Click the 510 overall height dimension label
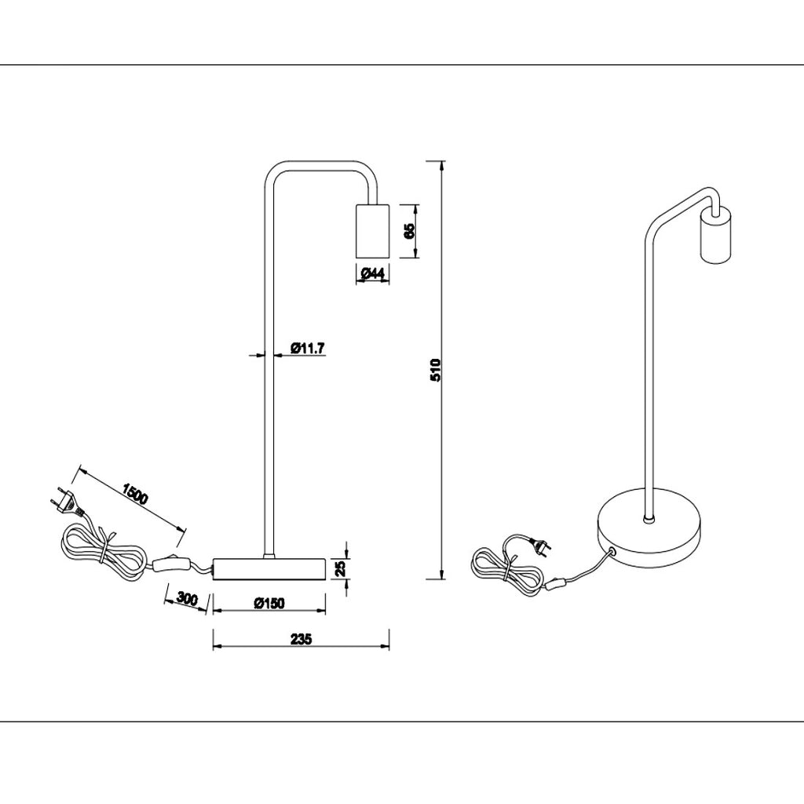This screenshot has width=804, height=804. click(x=435, y=370)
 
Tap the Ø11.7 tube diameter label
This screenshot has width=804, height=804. click(x=308, y=349)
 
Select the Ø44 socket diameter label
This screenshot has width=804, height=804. click(x=372, y=273)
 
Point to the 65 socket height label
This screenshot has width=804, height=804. click(x=409, y=231)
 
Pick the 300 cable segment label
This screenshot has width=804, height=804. click(x=188, y=598)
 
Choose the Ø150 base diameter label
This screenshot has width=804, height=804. click(x=269, y=603)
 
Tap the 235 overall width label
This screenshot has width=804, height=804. click(x=301, y=639)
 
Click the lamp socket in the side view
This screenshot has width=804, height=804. click(x=372, y=232)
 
